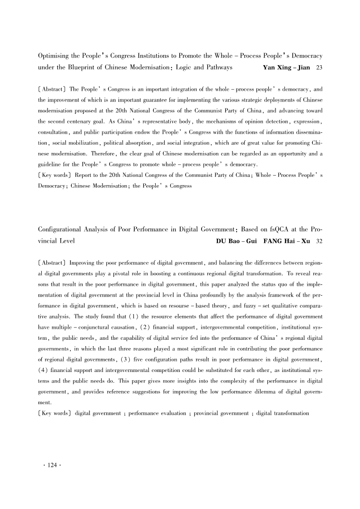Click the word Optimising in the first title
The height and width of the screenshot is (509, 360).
(53, 56)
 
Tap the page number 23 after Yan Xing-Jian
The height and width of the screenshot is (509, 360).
(319, 68)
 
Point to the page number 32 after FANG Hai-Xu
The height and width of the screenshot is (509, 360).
(319, 241)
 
